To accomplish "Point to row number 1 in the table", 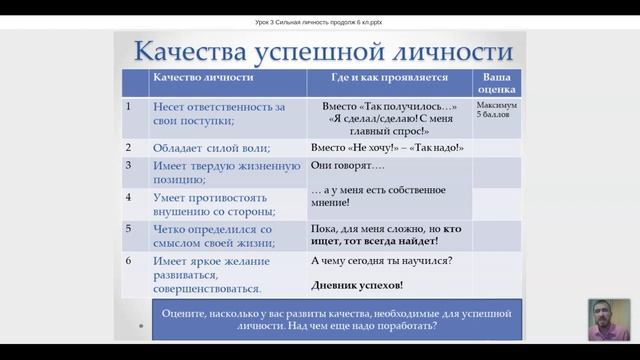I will tap(129, 103).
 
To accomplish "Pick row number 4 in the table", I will tap(129, 196).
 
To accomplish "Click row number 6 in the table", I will tap(129, 261).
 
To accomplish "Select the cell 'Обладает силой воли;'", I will tap(211, 148).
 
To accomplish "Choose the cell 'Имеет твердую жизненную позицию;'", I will tap(225, 172).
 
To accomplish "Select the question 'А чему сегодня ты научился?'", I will tap(380, 261).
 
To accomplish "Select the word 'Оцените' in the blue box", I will tap(183, 313).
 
